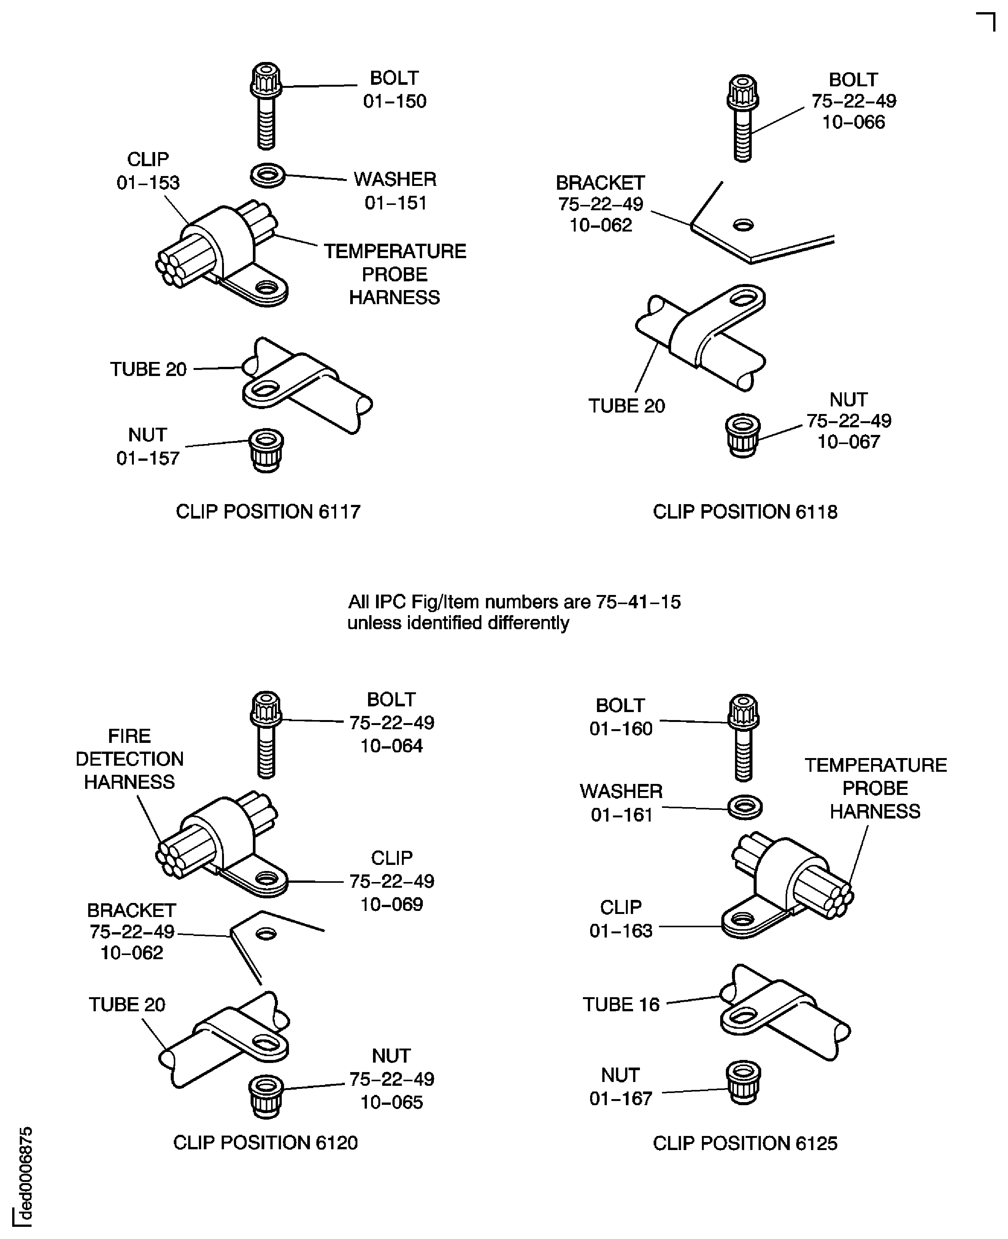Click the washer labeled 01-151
[x=268, y=175]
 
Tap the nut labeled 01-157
[x=266, y=450]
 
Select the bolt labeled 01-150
[x=266, y=106]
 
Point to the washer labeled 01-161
[x=744, y=807]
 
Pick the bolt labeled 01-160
[x=743, y=738]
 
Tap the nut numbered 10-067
[x=743, y=435]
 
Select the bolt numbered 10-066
[x=743, y=118]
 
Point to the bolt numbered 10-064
[x=266, y=735]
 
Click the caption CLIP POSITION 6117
[x=268, y=511]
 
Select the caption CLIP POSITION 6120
[x=265, y=1142]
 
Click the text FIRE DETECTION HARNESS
[x=130, y=759]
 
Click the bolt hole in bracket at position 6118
[x=743, y=225]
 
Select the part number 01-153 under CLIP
[x=148, y=183]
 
